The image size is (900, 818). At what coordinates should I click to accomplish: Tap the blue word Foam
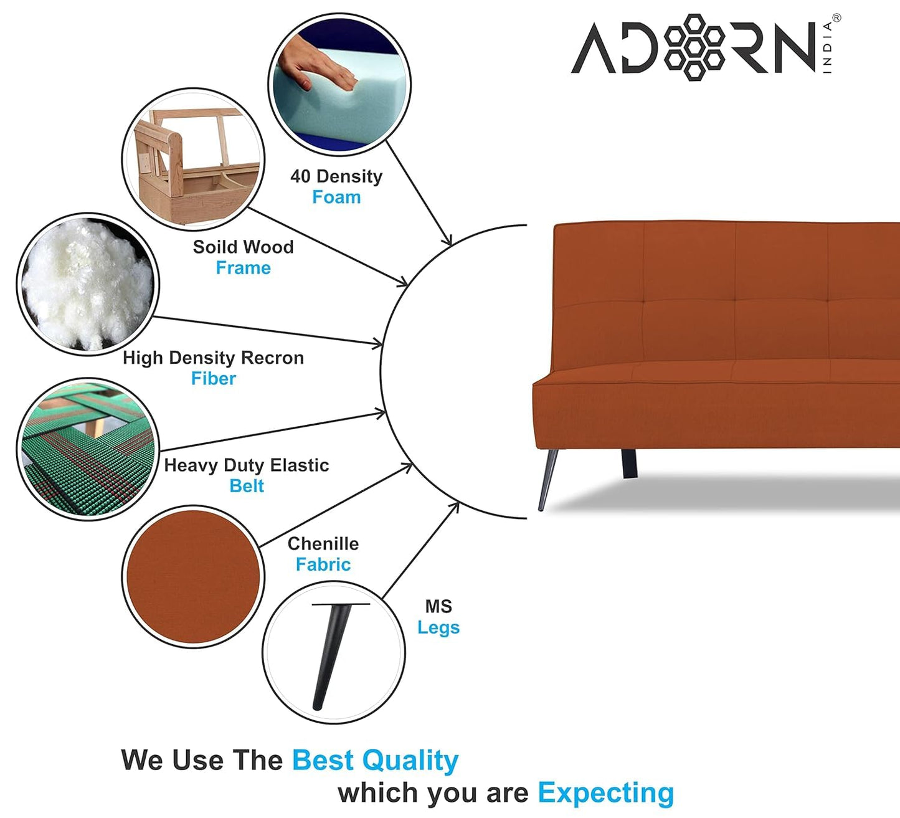pyautogui.click(x=336, y=197)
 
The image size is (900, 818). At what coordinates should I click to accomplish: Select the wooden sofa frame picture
pyautogui.click(x=193, y=159)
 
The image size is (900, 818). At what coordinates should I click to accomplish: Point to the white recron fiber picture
pyautogui.click(x=88, y=285)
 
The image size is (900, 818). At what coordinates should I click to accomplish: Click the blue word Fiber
pyautogui.click(x=214, y=378)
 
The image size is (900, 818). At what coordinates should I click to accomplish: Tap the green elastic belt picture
pyautogui.click(x=88, y=449)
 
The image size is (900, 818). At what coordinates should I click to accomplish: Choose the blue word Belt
pyautogui.click(x=247, y=486)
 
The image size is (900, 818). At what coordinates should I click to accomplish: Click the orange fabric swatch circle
pyautogui.click(x=193, y=577)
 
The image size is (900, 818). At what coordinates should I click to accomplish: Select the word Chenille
pyautogui.click(x=323, y=544)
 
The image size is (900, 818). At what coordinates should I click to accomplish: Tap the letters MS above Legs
pyautogui.click(x=438, y=607)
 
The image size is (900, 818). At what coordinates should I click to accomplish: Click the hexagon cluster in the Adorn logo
pyautogui.click(x=694, y=47)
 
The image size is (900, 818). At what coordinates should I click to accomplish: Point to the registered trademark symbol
pyautogui.click(x=836, y=18)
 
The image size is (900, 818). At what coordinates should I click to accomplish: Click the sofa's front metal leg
pyautogui.click(x=548, y=480)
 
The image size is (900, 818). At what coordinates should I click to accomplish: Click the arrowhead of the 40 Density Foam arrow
pyautogui.click(x=447, y=240)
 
